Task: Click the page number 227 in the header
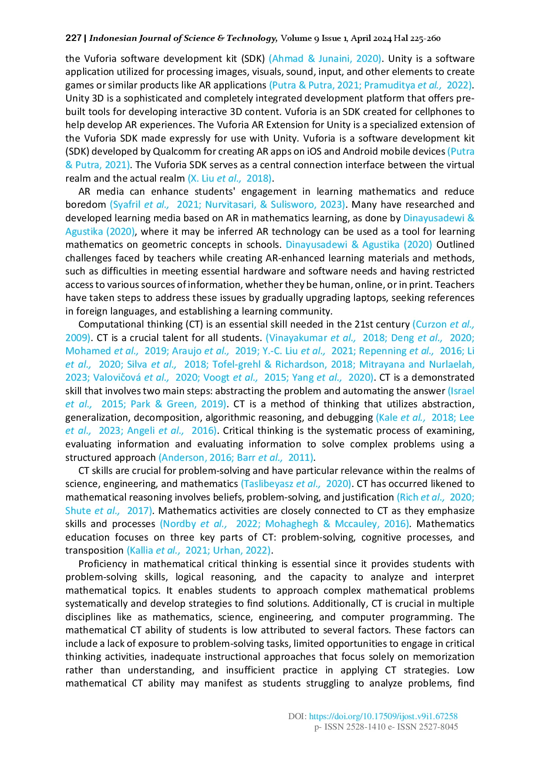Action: (x=73, y=38)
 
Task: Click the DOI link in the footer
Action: (x=383, y=716)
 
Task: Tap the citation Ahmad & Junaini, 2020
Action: (x=325, y=58)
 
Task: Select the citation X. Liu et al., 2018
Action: (x=229, y=178)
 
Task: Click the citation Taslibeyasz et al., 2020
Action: (x=296, y=484)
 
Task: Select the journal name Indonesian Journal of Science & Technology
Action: (x=182, y=38)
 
